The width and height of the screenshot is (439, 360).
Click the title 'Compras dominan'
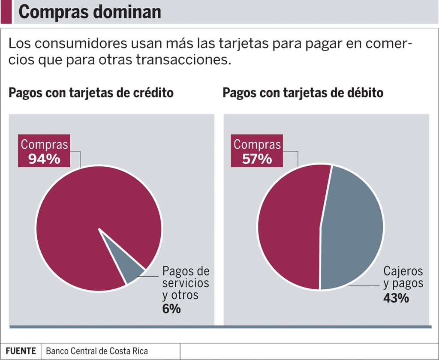(x=90, y=12)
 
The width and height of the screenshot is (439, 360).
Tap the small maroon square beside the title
(x=6, y=12)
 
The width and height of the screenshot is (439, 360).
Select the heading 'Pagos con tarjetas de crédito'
(x=91, y=93)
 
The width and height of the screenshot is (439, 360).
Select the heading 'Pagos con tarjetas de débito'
(x=303, y=93)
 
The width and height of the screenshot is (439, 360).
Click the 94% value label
(x=44, y=159)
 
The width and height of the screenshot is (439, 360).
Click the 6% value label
(x=171, y=309)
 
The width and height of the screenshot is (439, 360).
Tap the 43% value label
(x=396, y=298)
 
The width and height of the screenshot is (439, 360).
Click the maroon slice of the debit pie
(x=289, y=227)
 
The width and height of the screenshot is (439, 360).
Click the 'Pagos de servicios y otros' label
(x=186, y=283)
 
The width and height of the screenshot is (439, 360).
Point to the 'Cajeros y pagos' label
(x=403, y=277)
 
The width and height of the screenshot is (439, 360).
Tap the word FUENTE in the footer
(x=21, y=351)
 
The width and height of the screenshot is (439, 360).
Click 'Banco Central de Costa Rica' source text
(x=97, y=351)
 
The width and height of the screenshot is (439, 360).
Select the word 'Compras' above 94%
(x=45, y=144)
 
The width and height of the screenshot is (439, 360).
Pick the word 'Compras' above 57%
(x=257, y=144)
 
